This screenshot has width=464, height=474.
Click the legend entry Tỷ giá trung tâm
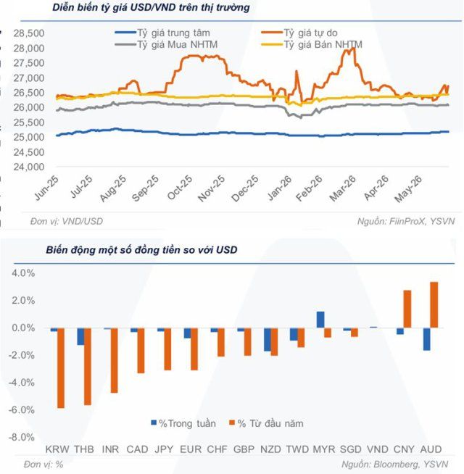(x=162, y=33)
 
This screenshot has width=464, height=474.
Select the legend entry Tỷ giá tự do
(x=299, y=33)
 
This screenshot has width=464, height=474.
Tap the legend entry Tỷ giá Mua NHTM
(x=166, y=44)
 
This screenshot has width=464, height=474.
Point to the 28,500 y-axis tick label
(x=29, y=33)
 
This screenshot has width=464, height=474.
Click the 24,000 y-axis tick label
(x=29, y=167)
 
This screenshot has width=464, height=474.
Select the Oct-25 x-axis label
(x=180, y=188)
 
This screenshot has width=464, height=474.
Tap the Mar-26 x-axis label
(x=343, y=188)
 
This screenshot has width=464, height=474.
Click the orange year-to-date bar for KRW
(x=61, y=368)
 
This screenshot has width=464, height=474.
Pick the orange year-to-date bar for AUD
(x=434, y=304)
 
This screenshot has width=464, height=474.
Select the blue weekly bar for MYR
(x=320, y=320)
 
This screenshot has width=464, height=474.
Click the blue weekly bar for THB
(x=80, y=336)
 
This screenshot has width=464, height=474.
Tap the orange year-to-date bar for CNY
(x=407, y=309)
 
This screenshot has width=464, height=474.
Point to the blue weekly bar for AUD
(x=427, y=339)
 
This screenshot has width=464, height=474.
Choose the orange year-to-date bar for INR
(x=114, y=360)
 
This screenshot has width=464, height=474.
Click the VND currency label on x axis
(x=378, y=449)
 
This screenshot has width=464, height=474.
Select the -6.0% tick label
(x=22, y=410)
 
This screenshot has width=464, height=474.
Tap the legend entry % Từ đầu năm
(x=267, y=423)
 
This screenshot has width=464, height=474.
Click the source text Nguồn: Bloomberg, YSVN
(x=394, y=464)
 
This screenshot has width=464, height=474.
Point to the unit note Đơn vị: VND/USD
(x=67, y=221)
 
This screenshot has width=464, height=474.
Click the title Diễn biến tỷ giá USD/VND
(x=114, y=7)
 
